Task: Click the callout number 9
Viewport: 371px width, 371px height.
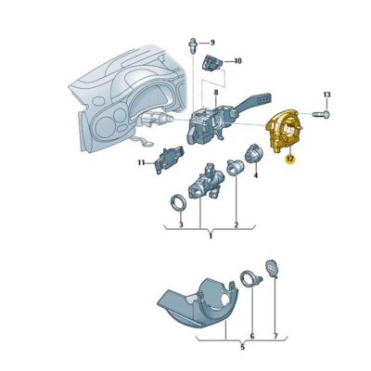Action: (x=211, y=43)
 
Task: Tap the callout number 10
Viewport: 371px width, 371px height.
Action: (x=237, y=61)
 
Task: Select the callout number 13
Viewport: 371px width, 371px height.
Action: (x=326, y=96)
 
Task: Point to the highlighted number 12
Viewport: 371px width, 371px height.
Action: (x=290, y=158)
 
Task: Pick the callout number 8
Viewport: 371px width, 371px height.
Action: (x=214, y=94)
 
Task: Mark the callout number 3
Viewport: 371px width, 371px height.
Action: (x=181, y=225)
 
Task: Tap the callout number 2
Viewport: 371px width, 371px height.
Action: (x=237, y=225)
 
